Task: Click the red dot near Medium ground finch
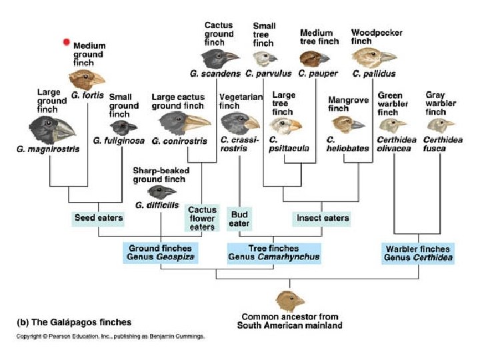pos(66,42)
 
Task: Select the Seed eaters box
pos(98,217)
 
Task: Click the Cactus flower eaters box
pos(201,217)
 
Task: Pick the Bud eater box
pos(239,218)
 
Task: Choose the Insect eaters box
pos(322,217)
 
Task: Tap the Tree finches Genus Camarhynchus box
pos(273,252)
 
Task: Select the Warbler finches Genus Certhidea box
pos(419,253)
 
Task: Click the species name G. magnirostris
pos(48,149)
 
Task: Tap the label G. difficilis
pos(156,205)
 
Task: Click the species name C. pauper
pos(319,73)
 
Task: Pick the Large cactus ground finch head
pos(184,123)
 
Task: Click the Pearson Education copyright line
pos(110,336)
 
